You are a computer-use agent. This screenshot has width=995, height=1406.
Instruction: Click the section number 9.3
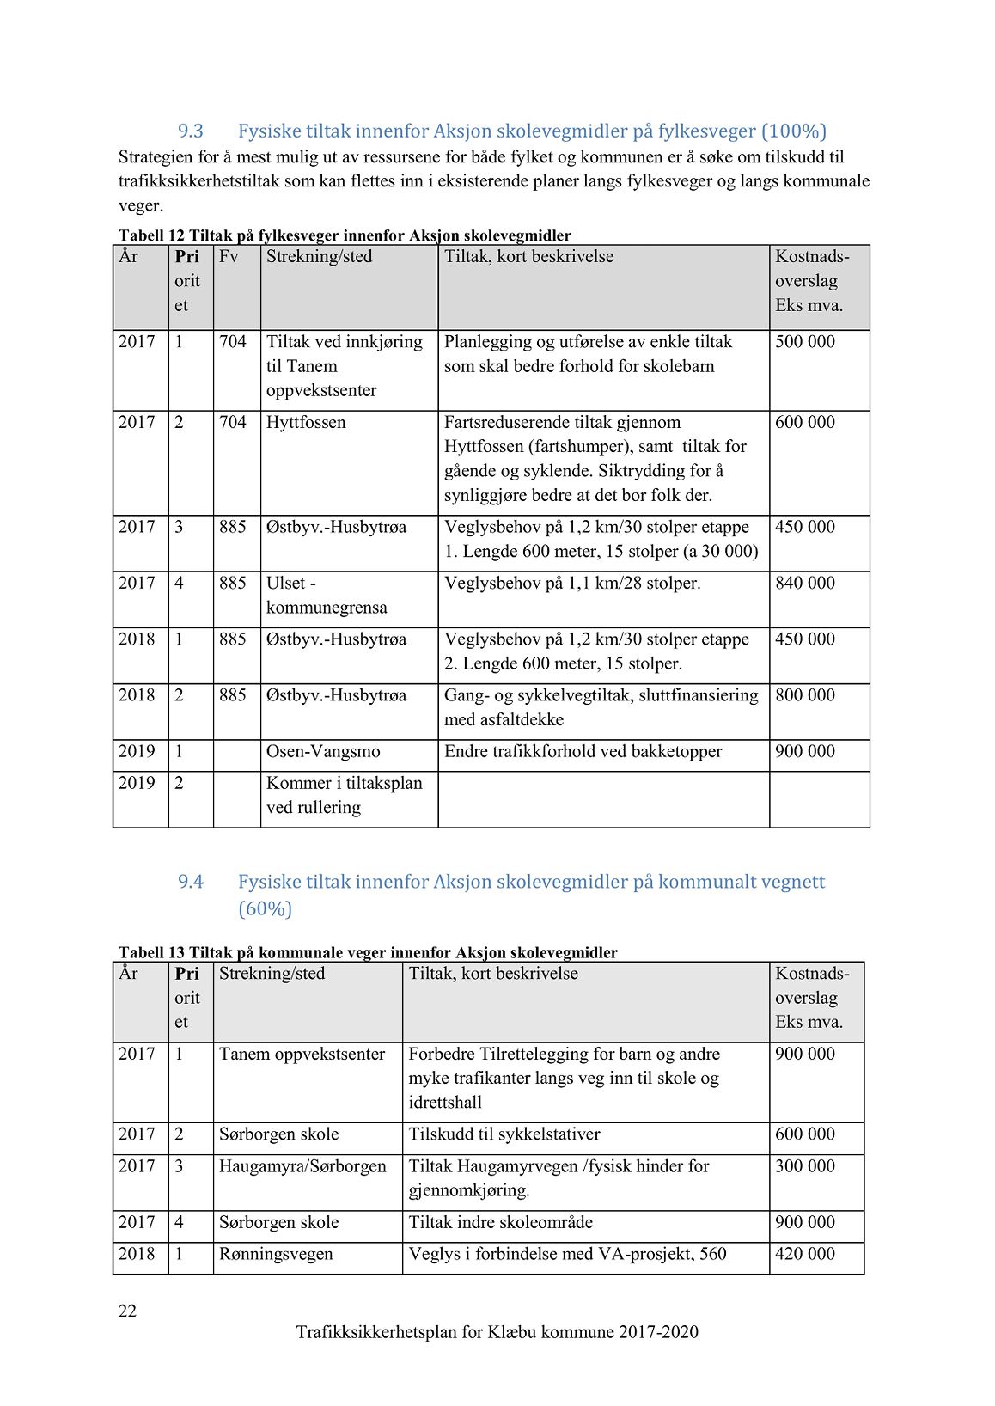(x=190, y=131)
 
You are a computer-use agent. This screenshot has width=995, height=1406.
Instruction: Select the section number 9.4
(x=190, y=882)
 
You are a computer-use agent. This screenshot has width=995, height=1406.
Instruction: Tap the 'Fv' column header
(x=229, y=257)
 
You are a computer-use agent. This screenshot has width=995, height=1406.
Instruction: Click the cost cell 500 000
(x=804, y=342)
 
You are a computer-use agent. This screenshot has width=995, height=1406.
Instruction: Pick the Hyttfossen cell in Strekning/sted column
(x=306, y=423)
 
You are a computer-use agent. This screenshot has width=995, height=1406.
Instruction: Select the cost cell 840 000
(x=804, y=584)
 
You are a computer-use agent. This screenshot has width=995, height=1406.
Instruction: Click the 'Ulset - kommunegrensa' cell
(x=327, y=596)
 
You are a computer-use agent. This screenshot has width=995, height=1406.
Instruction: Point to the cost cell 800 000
(x=804, y=695)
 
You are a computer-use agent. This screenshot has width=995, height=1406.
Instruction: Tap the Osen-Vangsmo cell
(x=323, y=752)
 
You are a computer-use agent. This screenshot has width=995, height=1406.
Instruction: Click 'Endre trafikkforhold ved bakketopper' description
(x=583, y=752)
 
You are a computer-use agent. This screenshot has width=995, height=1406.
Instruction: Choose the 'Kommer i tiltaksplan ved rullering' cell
(x=344, y=796)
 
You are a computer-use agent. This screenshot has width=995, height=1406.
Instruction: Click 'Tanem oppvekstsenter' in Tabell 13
(x=302, y=1054)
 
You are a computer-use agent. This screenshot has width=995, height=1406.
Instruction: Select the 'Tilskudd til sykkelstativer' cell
(x=504, y=1134)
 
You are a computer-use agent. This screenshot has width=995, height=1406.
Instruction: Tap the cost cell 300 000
(x=804, y=1167)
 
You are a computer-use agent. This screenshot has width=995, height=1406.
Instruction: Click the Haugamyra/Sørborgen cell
(x=302, y=1167)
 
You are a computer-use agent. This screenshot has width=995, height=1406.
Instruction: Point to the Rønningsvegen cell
(x=276, y=1255)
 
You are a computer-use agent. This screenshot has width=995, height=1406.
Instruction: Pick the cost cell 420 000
(x=804, y=1255)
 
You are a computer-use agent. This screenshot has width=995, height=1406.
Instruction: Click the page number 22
(x=127, y=1311)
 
